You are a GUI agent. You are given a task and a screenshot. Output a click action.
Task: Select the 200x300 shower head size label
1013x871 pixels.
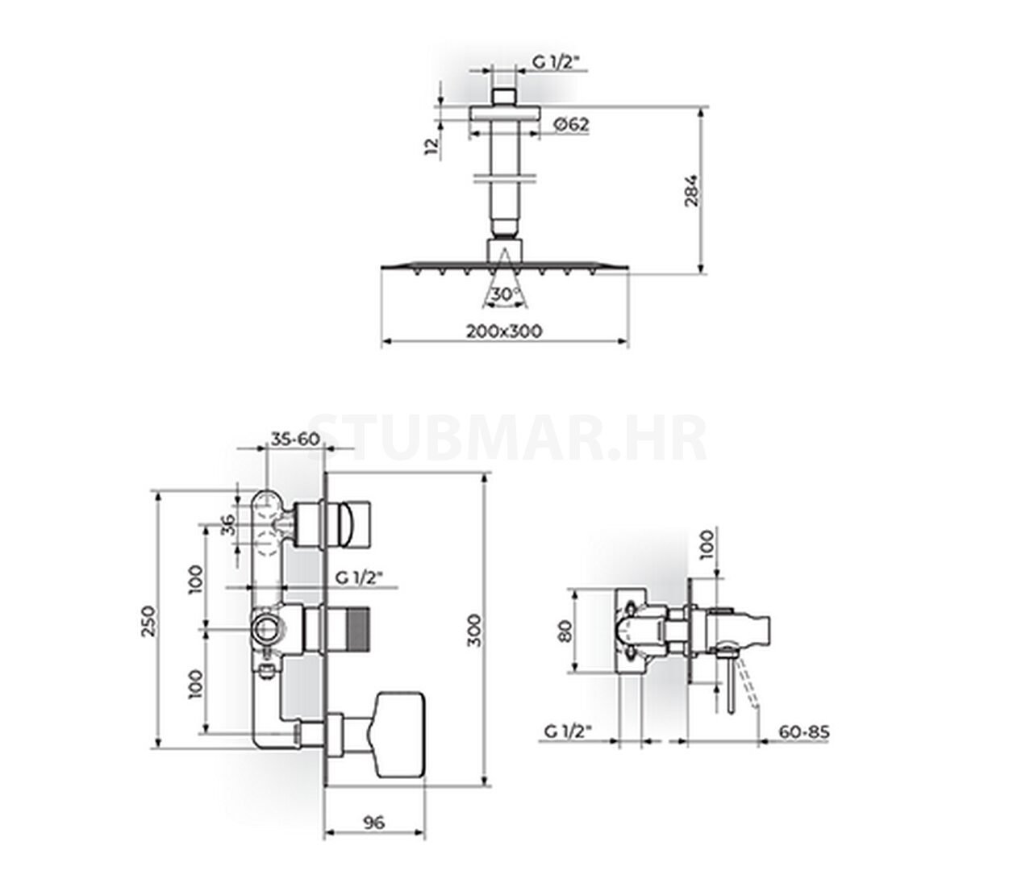504,331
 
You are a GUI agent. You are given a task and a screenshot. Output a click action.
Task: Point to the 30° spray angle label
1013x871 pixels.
506,294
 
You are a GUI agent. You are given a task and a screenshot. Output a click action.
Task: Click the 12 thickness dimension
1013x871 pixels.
431,146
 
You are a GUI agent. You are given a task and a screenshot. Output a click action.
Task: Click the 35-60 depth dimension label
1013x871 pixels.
295,439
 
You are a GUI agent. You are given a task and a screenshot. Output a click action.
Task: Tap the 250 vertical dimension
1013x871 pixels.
148,622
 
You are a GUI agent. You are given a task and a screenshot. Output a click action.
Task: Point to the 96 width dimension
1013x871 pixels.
374,823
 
